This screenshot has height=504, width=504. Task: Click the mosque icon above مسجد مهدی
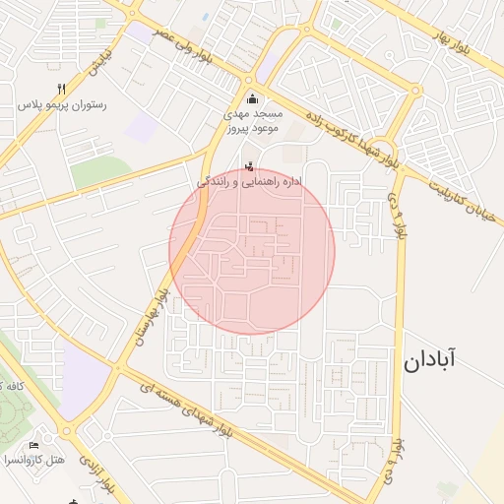(x=253, y=97)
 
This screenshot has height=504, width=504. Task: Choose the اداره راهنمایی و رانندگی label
(x=248, y=182)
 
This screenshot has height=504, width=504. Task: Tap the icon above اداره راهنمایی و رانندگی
(x=248, y=165)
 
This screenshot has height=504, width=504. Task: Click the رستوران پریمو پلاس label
(x=62, y=103)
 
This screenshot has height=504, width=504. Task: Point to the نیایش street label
(x=97, y=63)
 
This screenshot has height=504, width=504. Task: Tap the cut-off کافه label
(x=8, y=384)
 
